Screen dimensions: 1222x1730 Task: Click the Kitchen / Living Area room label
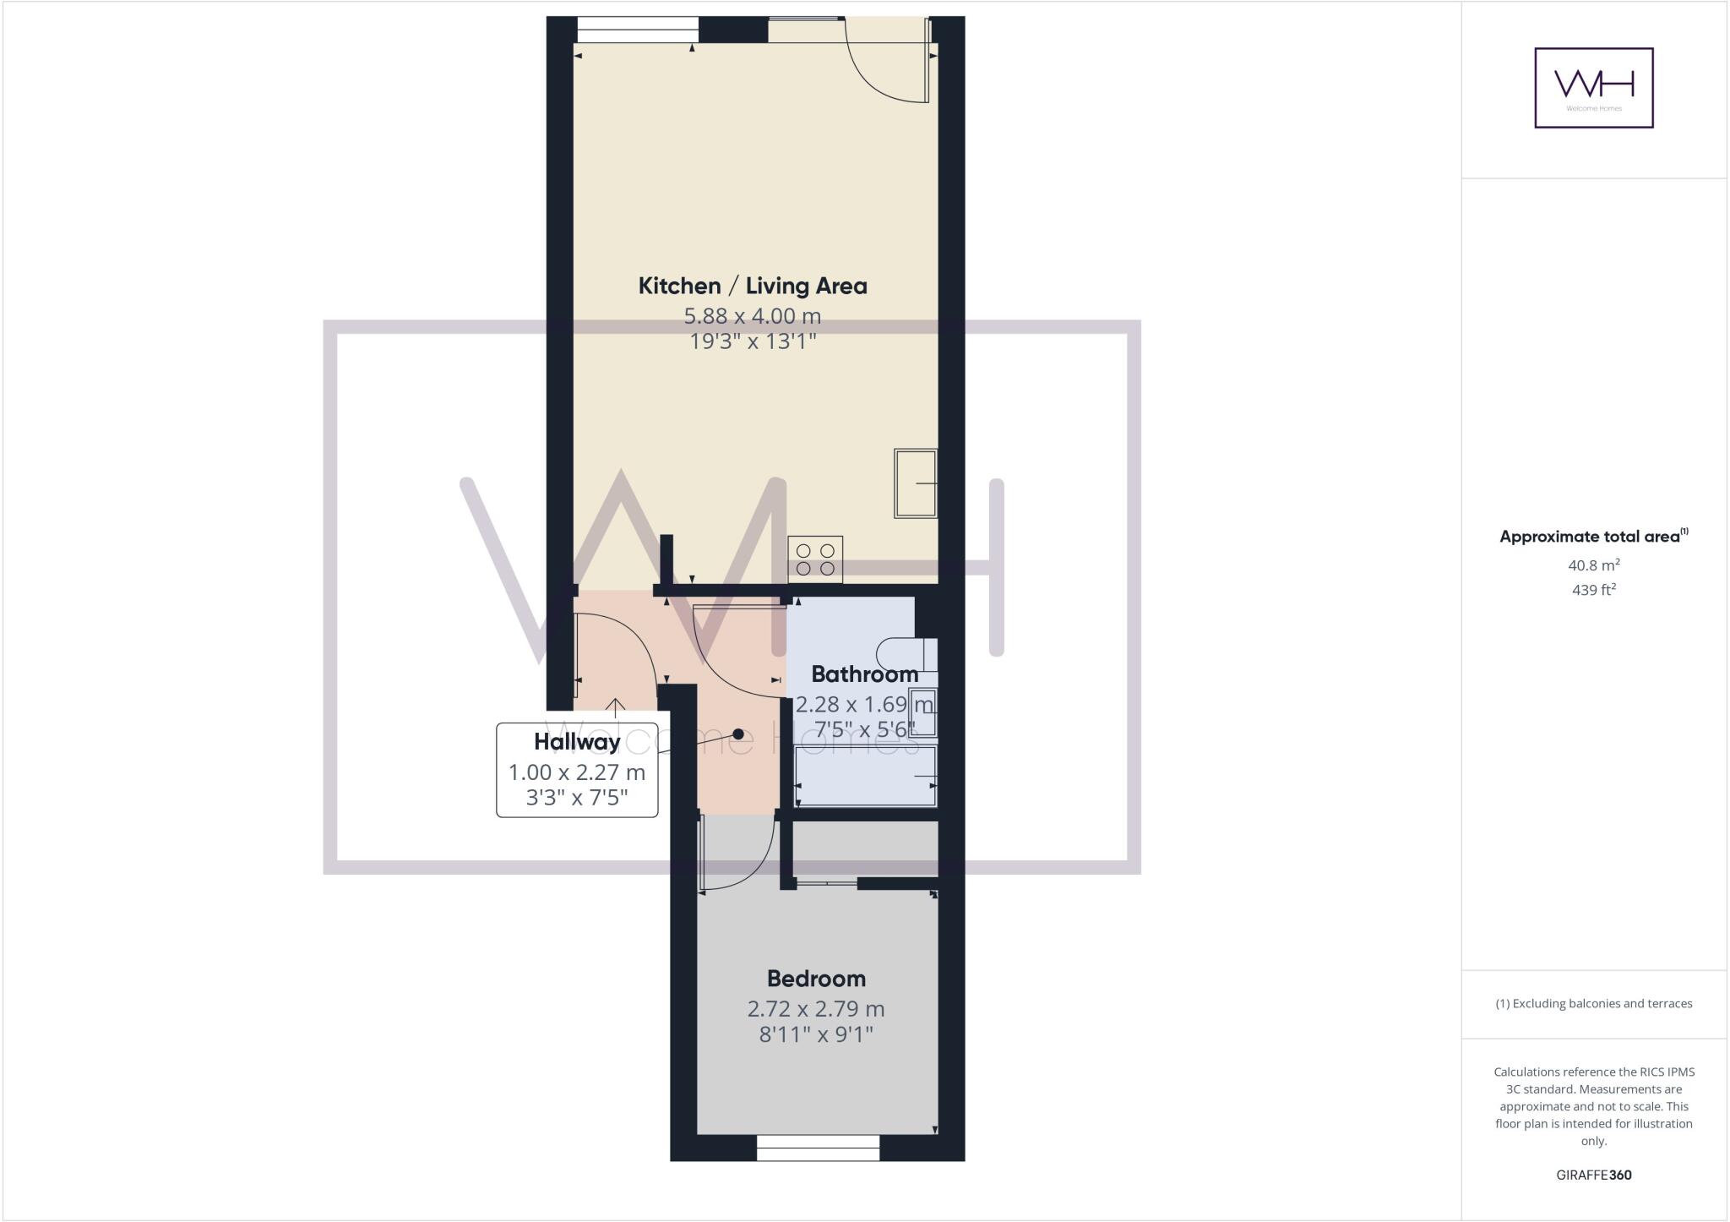pos(752,286)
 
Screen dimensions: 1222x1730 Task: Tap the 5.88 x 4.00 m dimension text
pos(752,316)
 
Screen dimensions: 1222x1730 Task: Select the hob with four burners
pos(815,559)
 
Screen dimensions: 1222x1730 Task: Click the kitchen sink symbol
pos(916,483)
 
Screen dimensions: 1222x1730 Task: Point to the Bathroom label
pos(864,674)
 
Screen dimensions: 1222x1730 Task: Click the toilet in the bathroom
pos(906,654)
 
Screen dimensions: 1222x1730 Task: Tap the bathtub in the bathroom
pos(866,776)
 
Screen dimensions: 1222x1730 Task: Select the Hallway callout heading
pos(577,742)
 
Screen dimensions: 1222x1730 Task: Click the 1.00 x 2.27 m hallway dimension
pos(577,772)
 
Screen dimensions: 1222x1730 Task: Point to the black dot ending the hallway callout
pos(738,734)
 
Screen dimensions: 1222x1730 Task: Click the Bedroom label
pos(816,979)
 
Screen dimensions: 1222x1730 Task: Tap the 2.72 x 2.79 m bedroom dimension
pos(816,1008)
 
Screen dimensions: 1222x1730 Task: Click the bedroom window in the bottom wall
pos(818,1148)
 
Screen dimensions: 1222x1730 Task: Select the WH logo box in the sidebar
pos(1593,88)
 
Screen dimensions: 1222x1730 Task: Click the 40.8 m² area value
pos(1593,565)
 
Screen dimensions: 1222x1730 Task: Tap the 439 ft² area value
pos(1593,590)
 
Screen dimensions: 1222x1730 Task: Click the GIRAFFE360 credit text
pos(1593,1175)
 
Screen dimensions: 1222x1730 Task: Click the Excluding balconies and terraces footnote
pos(1593,1004)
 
